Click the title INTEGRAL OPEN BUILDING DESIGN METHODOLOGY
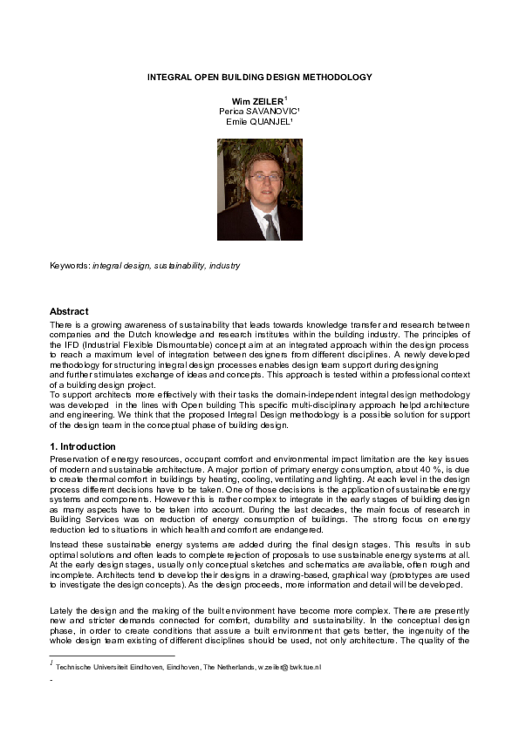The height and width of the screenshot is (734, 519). pyautogui.click(x=259, y=78)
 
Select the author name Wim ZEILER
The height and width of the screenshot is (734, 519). pyautogui.click(x=254, y=102)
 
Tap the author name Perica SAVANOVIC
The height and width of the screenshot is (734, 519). pyautogui.click(x=259, y=112)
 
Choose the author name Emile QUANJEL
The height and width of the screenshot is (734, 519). pyautogui.click(x=259, y=123)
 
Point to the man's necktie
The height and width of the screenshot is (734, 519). pyautogui.click(x=270, y=227)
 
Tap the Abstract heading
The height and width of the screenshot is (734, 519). pyautogui.click(x=69, y=311)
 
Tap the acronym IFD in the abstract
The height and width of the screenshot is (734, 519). pyautogui.click(x=58, y=344)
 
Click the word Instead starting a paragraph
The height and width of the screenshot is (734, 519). pyautogui.click(x=64, y=541)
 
